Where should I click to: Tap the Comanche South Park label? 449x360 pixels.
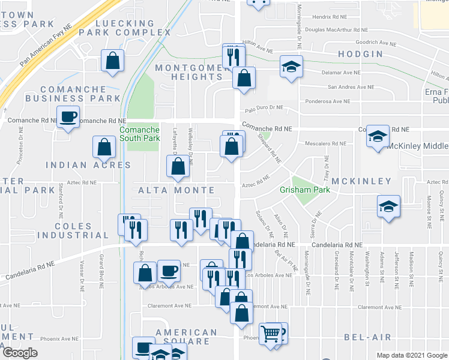coord(139,134)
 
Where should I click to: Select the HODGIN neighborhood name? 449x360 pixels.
coord(360,54)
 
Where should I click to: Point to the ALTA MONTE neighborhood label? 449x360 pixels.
coord(176,190)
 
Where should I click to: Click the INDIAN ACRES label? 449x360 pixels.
coord(88,165)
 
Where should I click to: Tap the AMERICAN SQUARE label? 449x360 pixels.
coord(186,337)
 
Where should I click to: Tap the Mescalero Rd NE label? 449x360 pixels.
coord(326,143)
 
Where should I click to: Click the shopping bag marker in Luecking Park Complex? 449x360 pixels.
coord(112,60)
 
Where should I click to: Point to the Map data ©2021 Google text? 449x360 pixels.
coord(411,355)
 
